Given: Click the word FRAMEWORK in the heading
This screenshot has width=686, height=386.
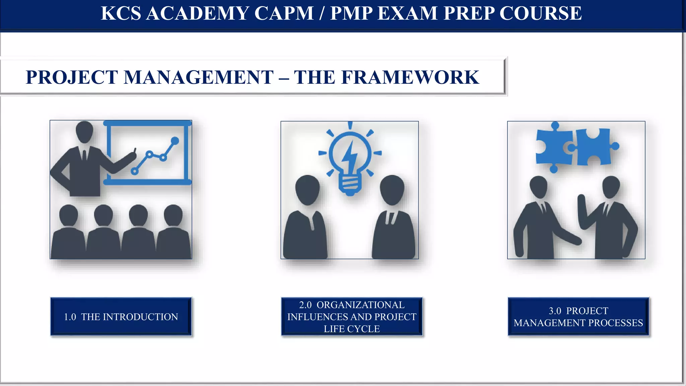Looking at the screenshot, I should point(410,77).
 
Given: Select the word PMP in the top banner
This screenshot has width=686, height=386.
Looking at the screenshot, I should point(351,13).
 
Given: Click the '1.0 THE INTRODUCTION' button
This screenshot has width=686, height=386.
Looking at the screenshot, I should point(121,317).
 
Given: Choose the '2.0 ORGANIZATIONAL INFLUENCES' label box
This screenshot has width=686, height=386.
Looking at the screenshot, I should point(352,317).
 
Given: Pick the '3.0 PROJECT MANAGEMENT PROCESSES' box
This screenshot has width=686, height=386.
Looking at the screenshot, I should point(578,317).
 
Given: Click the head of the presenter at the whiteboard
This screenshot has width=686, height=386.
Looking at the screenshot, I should point(84,132).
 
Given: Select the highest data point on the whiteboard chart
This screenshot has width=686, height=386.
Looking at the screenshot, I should point(175,140).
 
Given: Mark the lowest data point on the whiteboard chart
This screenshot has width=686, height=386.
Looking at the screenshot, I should point(135,171).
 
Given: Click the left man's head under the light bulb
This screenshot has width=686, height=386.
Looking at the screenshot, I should point(307,189).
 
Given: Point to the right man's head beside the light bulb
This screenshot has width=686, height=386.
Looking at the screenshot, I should point(392,189).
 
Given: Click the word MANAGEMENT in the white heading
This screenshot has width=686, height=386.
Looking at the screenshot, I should point(199,77).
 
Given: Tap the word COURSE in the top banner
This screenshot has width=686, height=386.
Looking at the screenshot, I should point(540,13).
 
